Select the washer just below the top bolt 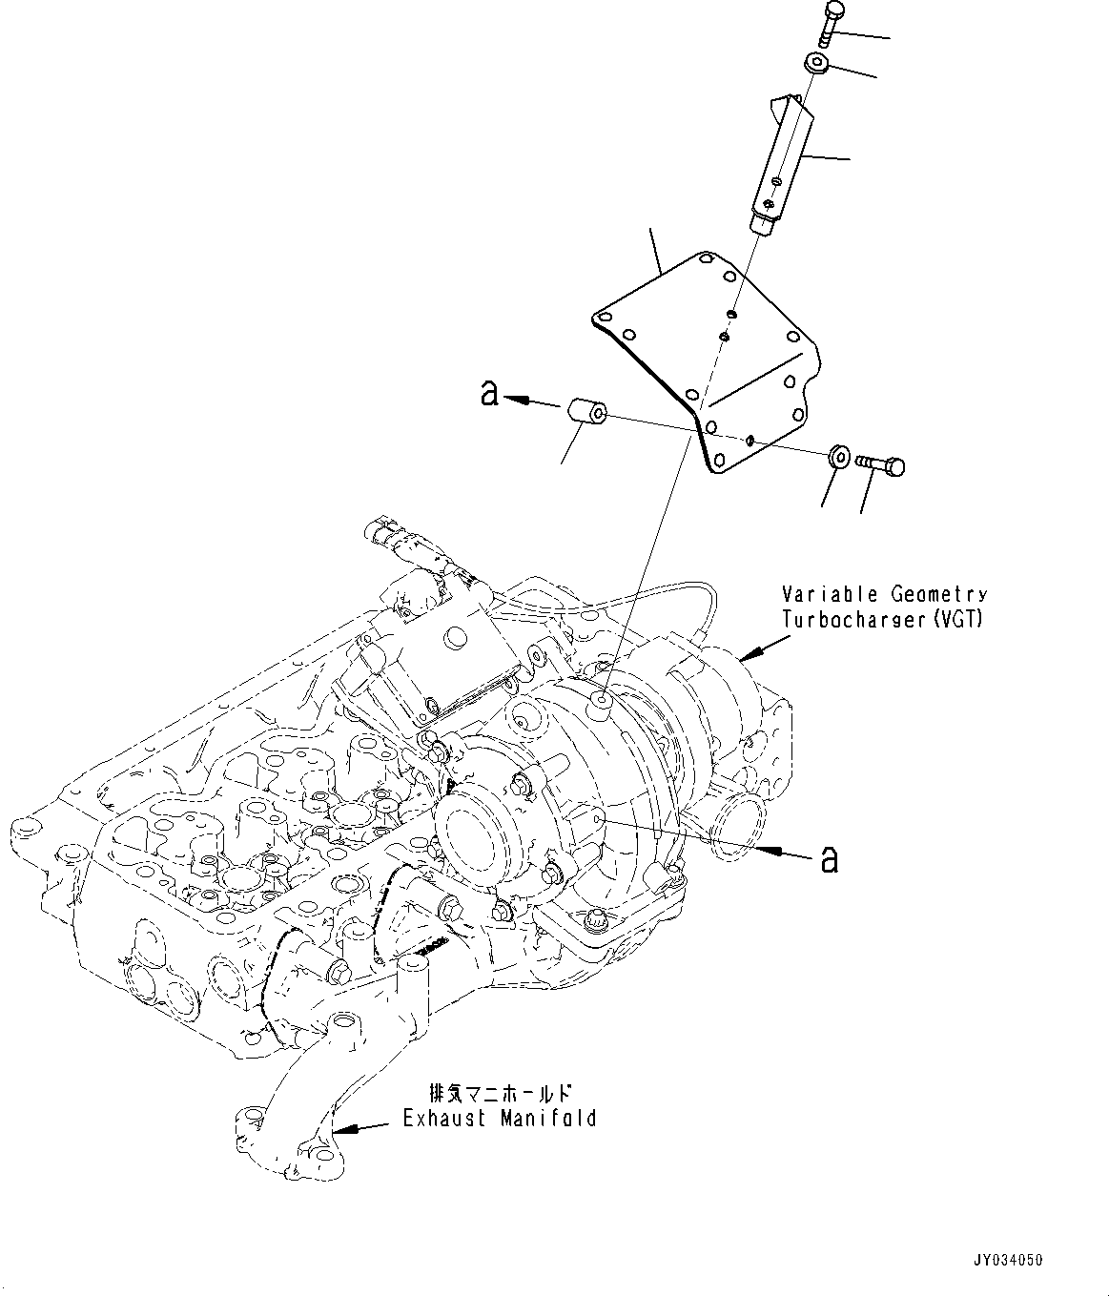[x=814, y=65]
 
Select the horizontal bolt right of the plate [x=881, y=464]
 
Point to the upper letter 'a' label [x=489, y=392]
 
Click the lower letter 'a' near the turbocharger [x=830, y=859]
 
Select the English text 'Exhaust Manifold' [x=499, y=1118]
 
